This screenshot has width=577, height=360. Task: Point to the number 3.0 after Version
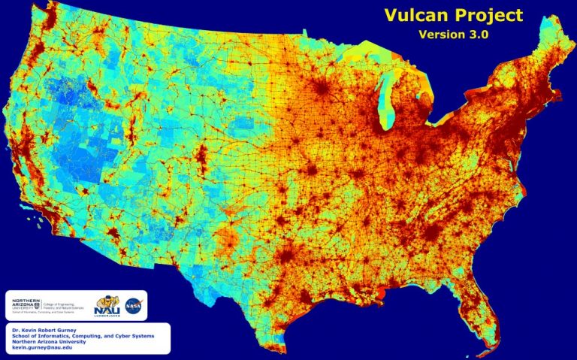(479, 35)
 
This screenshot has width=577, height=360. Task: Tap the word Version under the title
(442, 35)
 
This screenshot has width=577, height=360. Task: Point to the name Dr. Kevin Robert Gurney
(46, 330)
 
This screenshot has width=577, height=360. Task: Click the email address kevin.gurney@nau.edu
(43, 348)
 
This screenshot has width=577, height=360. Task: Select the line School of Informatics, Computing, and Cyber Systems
(83, 336)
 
